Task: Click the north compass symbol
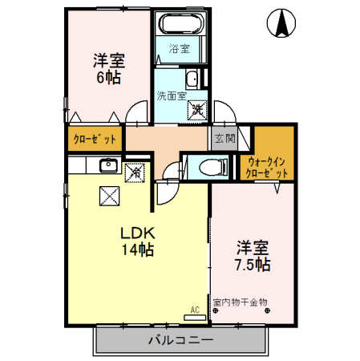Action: (281, 23)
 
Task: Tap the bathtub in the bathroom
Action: (182, 23)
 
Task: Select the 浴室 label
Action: (180, 49)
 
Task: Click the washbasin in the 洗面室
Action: (192, 79)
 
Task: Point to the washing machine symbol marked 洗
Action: (197, 110)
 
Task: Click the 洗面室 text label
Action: (172, 96)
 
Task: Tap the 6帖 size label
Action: (108, 78)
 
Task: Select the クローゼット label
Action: (95, 139)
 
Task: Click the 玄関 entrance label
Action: (225, 139)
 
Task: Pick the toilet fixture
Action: (213, 168)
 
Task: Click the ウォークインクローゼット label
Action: (266, 168)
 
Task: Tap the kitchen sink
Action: (109, 165)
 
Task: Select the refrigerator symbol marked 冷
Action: (135, 173)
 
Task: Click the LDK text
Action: (138, 233)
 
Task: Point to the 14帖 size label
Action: (138, 249)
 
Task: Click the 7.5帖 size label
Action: (253, 265)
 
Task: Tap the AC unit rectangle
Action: (195, 318)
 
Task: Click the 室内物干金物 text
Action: (240, 302)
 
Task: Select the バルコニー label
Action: (181, 340)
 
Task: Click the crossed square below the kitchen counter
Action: (110, 196)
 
